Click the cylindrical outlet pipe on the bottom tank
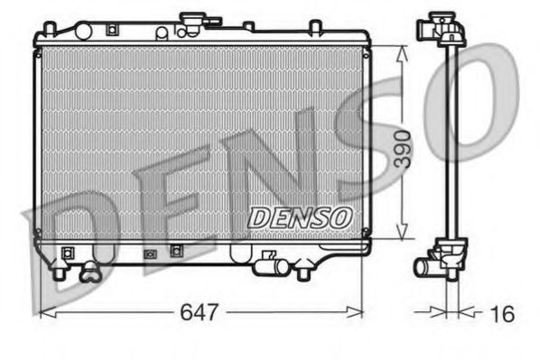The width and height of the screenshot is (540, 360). (x=267, y=266)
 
